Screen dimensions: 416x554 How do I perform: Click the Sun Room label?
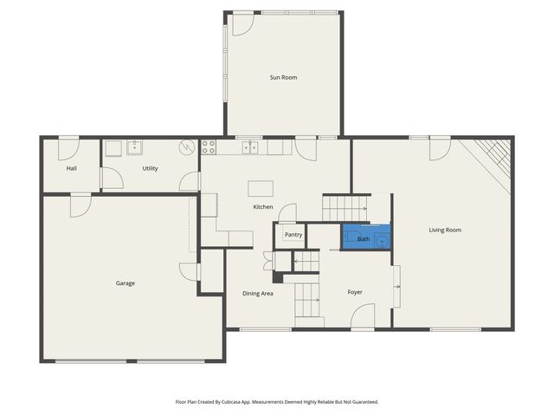coord(283,78)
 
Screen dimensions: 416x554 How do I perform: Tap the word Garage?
coord(126,283)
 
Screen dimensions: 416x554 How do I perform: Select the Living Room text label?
coord(445,230)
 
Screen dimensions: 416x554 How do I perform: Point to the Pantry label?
coord(293,235)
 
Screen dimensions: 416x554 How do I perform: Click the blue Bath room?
coord(365,237)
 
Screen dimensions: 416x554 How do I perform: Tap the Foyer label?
coord(355,292)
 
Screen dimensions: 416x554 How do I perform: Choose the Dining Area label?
coord(258,294)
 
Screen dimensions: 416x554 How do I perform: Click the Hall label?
coord(72,168)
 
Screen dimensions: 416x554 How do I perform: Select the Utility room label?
coord(150,168)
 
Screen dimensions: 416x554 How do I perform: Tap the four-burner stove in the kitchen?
coord(208,147)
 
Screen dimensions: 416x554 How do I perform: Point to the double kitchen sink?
coord(249,147)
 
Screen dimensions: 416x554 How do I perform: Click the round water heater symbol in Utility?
coord(188,147)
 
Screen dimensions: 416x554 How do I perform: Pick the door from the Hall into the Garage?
coord(80,204)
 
